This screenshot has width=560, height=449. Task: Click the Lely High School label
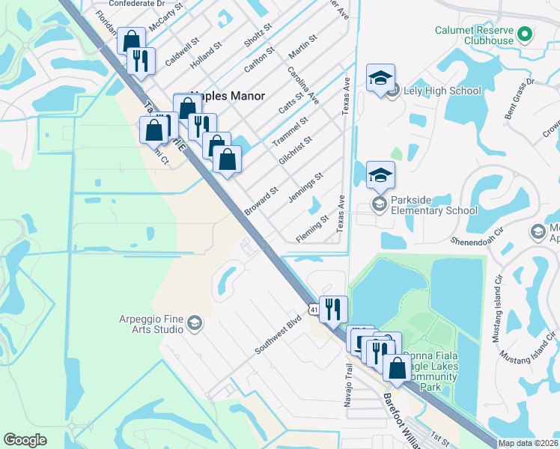442,91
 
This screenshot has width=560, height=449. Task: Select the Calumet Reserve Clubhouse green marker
525,33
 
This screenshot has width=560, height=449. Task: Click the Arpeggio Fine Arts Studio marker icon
194,323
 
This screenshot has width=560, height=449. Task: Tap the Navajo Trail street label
347,389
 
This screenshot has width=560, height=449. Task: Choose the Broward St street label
261,201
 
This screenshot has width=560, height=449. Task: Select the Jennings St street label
305,187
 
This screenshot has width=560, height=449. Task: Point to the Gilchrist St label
295,152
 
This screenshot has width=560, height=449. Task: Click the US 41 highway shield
314,308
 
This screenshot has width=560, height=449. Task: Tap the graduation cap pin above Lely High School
380,79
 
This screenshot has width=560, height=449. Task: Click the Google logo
25,440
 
